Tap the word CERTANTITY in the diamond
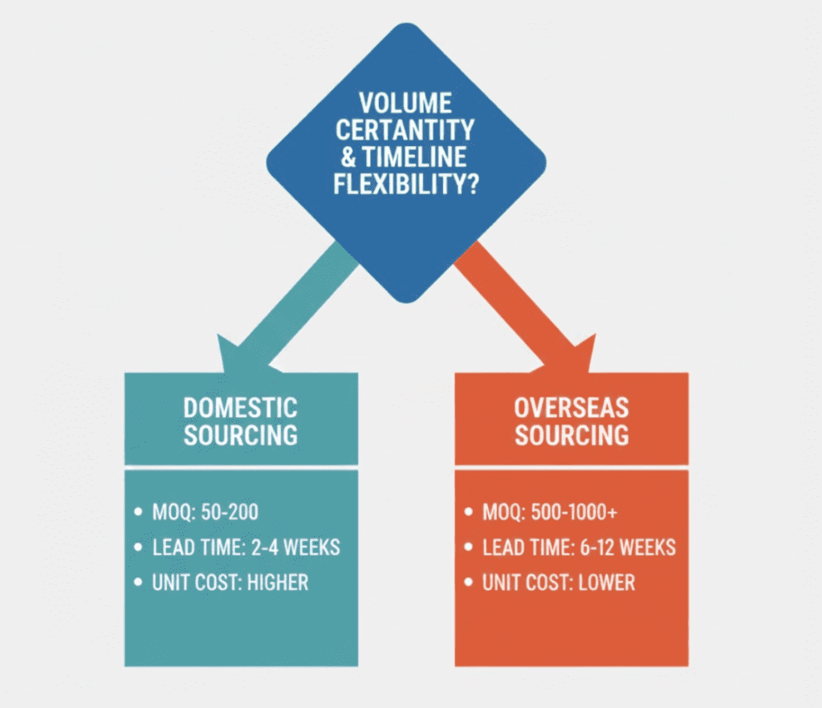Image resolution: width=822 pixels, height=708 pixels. [x=405, y=129]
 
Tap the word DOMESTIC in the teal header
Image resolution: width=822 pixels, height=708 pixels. [x=240, y=408]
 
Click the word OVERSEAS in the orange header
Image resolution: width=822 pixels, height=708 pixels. [x=572, y=408]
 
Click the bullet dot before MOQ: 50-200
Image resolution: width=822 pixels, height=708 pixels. [x=140, y=512]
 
